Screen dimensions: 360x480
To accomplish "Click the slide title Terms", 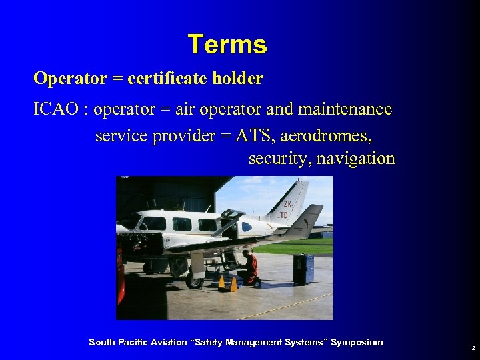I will pos(227,45).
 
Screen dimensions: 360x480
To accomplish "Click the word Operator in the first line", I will pos(70,79).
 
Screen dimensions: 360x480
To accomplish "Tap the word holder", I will pos(238,79).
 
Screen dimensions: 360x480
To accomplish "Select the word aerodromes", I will pos(327,136).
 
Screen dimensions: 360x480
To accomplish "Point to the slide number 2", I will pos(473,348).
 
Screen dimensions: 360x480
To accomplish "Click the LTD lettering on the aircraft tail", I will pos(282,215).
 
